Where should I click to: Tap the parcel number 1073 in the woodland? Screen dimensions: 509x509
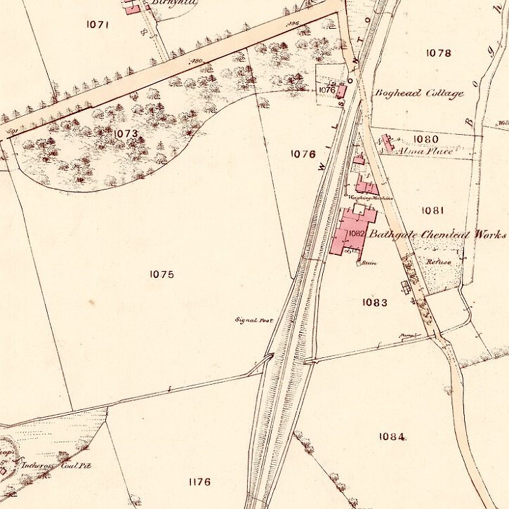click(x=125, y=133)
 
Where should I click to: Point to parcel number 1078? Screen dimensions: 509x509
click(x=438, y=53)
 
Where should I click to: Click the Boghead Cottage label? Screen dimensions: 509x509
click(x=419, y=93)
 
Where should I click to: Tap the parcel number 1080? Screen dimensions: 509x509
click(x=425, y=139)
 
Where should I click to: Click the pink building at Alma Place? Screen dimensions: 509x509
click(x=387, y=143)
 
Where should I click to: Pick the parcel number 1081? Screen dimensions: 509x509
click(x=434, y=210)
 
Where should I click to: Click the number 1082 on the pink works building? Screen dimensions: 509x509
click(x=356, y=233)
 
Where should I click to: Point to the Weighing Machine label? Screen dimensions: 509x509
click(x=371, y=198)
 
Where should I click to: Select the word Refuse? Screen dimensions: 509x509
click(x=438, y=260)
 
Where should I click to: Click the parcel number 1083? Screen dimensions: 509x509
click(x=375, y=302)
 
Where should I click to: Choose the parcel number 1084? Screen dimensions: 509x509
click(x=391, y=436)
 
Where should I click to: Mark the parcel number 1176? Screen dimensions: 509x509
click(x=199, y=482)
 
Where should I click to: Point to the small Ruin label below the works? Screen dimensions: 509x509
click(x=369, y=263)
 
